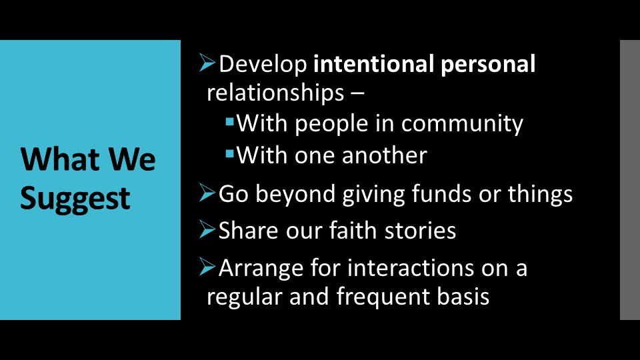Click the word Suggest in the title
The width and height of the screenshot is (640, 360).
coord(75,199)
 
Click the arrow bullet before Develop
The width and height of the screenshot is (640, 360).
coord(207,63)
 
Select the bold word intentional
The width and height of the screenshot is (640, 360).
coord(373,64)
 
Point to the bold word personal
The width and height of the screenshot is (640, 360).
coord(488,65)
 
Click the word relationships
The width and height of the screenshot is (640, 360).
coord(275,93)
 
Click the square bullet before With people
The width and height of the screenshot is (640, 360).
coord(230,121)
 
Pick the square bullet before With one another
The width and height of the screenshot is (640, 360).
coord(230,154)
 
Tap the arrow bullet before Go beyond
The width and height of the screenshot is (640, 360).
coord(207,192)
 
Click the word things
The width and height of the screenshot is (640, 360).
coord(540,194)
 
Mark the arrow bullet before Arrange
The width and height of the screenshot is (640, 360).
coord(207,267)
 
